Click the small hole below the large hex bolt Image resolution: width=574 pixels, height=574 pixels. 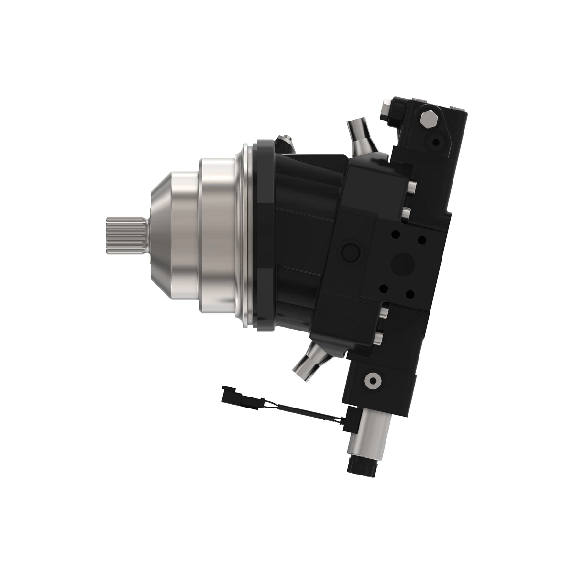click(x=435, y=142)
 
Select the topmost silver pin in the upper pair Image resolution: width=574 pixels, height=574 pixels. click(x=411, y=186)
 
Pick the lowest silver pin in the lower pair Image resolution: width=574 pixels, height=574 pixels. click(x=378, y=339)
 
